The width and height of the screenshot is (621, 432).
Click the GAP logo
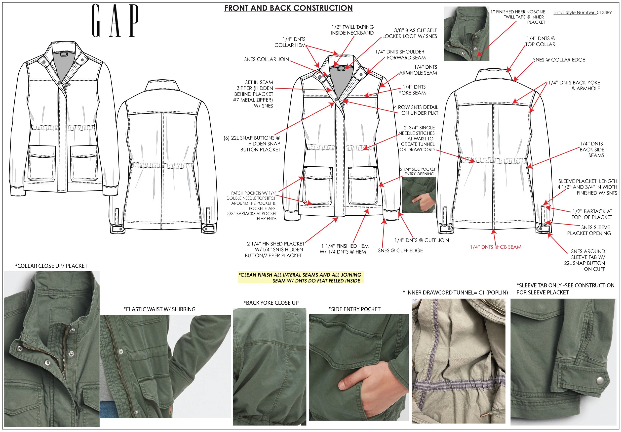click(x=115, y=21)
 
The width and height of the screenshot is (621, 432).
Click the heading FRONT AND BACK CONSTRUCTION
click(x=288, y=8)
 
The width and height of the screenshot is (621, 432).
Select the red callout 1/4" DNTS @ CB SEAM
click(x=496, y=247)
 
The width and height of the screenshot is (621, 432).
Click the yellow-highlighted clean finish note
click(x=300, y=278)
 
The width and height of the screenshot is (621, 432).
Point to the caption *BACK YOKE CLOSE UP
click(x=271, y=303)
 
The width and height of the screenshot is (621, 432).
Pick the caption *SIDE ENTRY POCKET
click(x=354, y=309)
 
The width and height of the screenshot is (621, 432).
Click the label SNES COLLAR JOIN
click(x=266, y=59)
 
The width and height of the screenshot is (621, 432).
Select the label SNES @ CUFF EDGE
click(x=400, y=251)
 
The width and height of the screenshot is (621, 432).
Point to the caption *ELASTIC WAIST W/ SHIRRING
click(x=159, y=309)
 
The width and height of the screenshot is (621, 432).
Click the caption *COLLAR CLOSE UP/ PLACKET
click(x=51, y=266)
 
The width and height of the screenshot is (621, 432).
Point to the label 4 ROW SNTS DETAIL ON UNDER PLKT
click(x=416, y=110)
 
